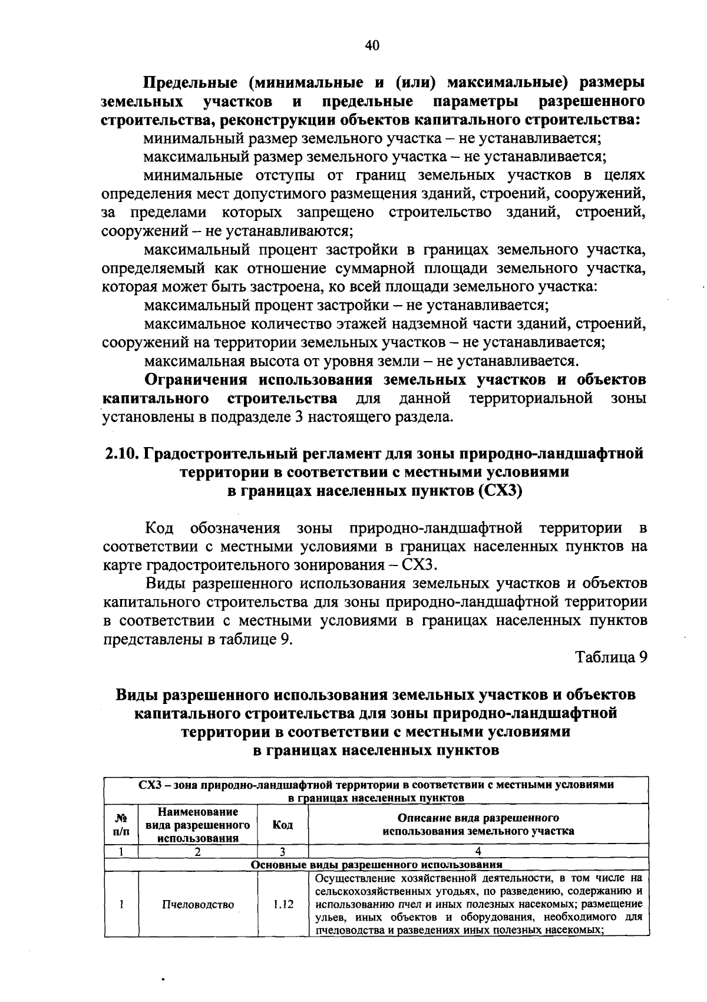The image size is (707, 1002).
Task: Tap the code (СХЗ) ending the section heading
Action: pos(500,491)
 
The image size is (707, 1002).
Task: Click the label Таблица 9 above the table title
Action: pos(611,657)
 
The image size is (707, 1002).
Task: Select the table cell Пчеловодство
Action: pos(198,905)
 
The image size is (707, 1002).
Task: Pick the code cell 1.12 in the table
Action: pos(283,905)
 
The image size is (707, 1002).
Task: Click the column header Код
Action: pos(283,825)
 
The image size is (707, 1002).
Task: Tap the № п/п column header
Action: pos(121,825)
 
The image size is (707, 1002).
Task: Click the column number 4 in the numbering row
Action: pos(478,851)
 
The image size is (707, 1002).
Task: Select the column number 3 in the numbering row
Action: pos(283,851)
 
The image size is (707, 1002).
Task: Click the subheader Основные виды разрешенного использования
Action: pos(376,864)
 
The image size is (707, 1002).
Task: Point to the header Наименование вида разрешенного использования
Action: pos(198,825)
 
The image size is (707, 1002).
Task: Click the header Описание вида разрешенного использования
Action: pos(478,825)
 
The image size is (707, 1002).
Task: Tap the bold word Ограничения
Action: pos(195,379)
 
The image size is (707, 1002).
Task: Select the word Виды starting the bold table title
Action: pos(137,695)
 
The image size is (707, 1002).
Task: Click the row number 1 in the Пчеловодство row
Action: pos(121,905)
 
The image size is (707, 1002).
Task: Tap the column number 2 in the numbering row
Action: pos(198,851)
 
